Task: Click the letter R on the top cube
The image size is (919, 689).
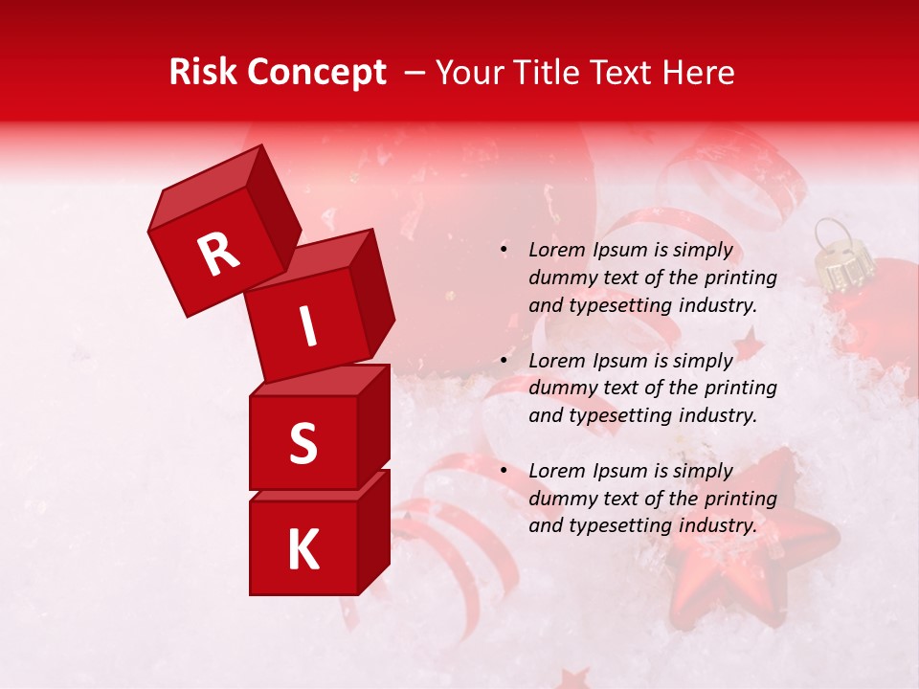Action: [x=218, y=255]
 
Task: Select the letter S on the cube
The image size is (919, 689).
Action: [x=303, y=443]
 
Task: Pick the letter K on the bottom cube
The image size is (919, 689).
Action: [x=303, y=550]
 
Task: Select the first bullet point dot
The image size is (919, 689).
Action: [x=504, y=251]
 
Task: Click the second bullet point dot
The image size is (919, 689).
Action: [x=504, y=361]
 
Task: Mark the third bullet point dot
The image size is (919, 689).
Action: [x=504, y=471]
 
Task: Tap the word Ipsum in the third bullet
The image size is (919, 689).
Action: [x=622, y=471]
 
